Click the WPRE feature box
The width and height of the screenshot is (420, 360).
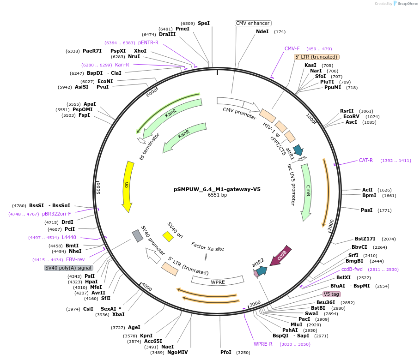point(218,281)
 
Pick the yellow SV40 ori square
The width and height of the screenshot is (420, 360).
point(168,236)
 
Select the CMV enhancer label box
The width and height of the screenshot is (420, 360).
point(253,23)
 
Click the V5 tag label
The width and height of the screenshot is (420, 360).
point(331,294)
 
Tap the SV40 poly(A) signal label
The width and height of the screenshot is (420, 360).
point(68,268)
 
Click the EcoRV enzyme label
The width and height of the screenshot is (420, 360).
point(351,116)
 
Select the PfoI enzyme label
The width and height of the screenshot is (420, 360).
point(226,352)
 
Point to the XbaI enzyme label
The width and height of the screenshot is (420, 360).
point(118,314)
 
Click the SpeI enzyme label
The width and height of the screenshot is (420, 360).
point(204,23)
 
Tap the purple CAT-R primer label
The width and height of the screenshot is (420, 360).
point(365,160)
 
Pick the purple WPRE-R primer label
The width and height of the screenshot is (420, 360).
point(263,344)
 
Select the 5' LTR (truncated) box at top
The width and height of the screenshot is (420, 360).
point(317,57)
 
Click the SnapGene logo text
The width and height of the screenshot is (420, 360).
point(407,4)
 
